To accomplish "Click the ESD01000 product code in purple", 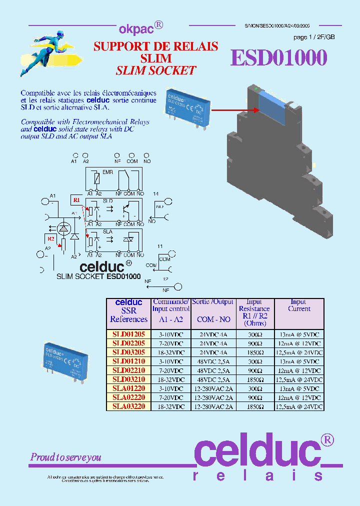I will pyautogui.click(x=278, y=58).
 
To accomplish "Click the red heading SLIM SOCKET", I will pyautogui.click(x=155, y=70).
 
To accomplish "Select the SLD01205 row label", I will pyautogui.click(x=128, y=334).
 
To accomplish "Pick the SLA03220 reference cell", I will pyautogui.click(x=128, y=406).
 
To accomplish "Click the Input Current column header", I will pyautogui.click(x=299, y=305).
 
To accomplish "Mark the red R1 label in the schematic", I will pyautogui.click(x=76, y=200).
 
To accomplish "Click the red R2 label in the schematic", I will pyautogui.click(x=51, y=238).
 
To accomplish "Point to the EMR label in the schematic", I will pyautogui.click(x=107, y=172).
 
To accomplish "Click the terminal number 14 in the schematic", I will pyautogui.click(x=155, y=193).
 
